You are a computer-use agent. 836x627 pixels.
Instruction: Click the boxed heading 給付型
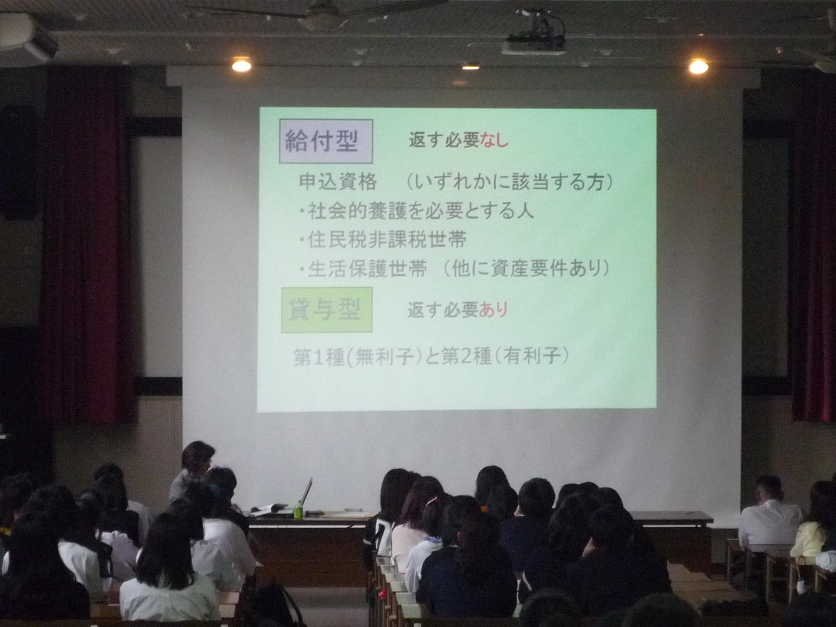(x=326, y=141)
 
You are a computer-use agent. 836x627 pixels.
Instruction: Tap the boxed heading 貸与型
(x=327, y=310)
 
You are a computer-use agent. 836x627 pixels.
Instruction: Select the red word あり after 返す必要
(x=493, y=309)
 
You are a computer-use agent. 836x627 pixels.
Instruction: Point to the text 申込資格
(x=338, y=182)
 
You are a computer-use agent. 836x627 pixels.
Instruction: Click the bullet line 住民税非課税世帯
(x=383, y=240)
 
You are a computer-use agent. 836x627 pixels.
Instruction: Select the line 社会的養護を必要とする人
(x=416, y=211)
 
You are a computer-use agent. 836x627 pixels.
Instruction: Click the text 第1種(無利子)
(x=357, y=357)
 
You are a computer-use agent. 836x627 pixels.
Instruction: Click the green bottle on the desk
(x=298, y=510)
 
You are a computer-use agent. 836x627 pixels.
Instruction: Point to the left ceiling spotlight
(x=241, y=65)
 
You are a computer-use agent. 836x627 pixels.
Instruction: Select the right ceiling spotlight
(x=699, y=67)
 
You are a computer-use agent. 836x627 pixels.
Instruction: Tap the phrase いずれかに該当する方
(x=509, y=182)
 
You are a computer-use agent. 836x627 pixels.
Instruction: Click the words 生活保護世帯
(x=367, y=269)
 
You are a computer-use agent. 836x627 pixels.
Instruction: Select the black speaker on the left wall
(x=19, y=163)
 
